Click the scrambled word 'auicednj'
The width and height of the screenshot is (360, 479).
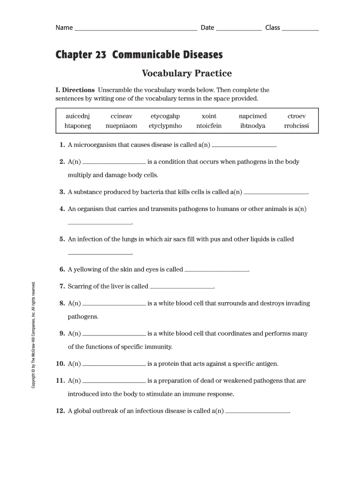point(78,116)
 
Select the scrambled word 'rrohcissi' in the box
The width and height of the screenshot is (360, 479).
point(296,126)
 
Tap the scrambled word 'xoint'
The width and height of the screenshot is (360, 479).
point(209,116)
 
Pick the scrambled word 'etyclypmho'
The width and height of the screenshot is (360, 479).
point(165,126)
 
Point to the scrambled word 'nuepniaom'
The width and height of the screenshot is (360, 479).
point(121,126)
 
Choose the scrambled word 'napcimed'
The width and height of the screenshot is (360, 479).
point(252,116)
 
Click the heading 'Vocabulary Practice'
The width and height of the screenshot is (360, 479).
point(187,73)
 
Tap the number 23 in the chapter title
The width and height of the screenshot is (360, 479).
point(101,55)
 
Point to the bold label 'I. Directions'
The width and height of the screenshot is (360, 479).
point(75,90)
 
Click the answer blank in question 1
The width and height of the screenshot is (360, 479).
point(244,146)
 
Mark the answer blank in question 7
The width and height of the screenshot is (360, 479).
point(181,287)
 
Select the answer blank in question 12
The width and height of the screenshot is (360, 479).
point(258,413)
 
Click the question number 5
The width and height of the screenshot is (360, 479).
point(62,239)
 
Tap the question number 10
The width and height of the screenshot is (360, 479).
point(60,363)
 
